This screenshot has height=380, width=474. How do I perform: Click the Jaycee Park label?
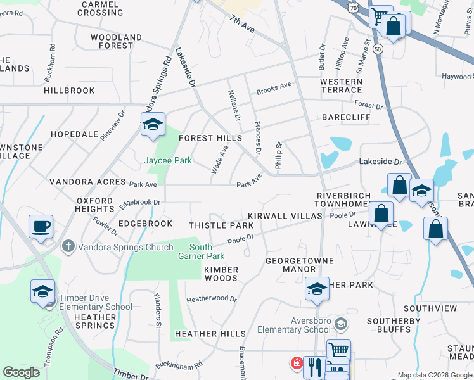click(169, 161)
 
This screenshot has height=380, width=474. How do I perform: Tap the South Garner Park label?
click(207, 251)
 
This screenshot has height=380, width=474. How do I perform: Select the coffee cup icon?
click(41, 227)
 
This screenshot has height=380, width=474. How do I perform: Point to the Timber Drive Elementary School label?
click(96, 303)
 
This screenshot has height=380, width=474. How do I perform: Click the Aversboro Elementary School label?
click(294, 325)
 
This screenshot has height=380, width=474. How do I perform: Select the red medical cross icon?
click(296, 364)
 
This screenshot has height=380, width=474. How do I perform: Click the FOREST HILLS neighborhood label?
click(210, 138)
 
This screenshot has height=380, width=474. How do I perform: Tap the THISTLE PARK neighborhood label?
click(221, 225)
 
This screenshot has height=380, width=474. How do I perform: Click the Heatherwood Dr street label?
click(211, 299)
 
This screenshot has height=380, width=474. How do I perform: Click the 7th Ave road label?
click(242, 25)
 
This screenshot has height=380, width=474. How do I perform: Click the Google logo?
click(22, 372)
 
